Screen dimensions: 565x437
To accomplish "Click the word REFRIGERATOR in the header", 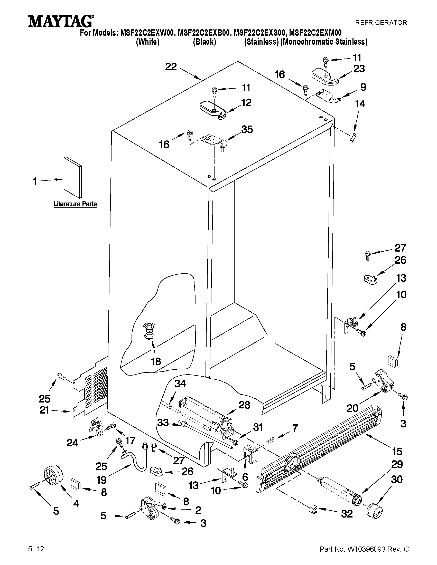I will tap(381, 23).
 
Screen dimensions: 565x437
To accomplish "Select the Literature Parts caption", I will tap(75, 204).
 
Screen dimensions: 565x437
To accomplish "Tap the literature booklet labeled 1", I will tap(72, 177).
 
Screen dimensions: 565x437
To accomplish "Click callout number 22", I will tap(171, 67).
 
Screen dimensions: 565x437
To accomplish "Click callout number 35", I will tap(247, 129).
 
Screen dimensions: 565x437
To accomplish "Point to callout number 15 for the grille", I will tap(397, 452).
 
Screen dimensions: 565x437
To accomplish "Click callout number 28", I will tap(244, 405).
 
